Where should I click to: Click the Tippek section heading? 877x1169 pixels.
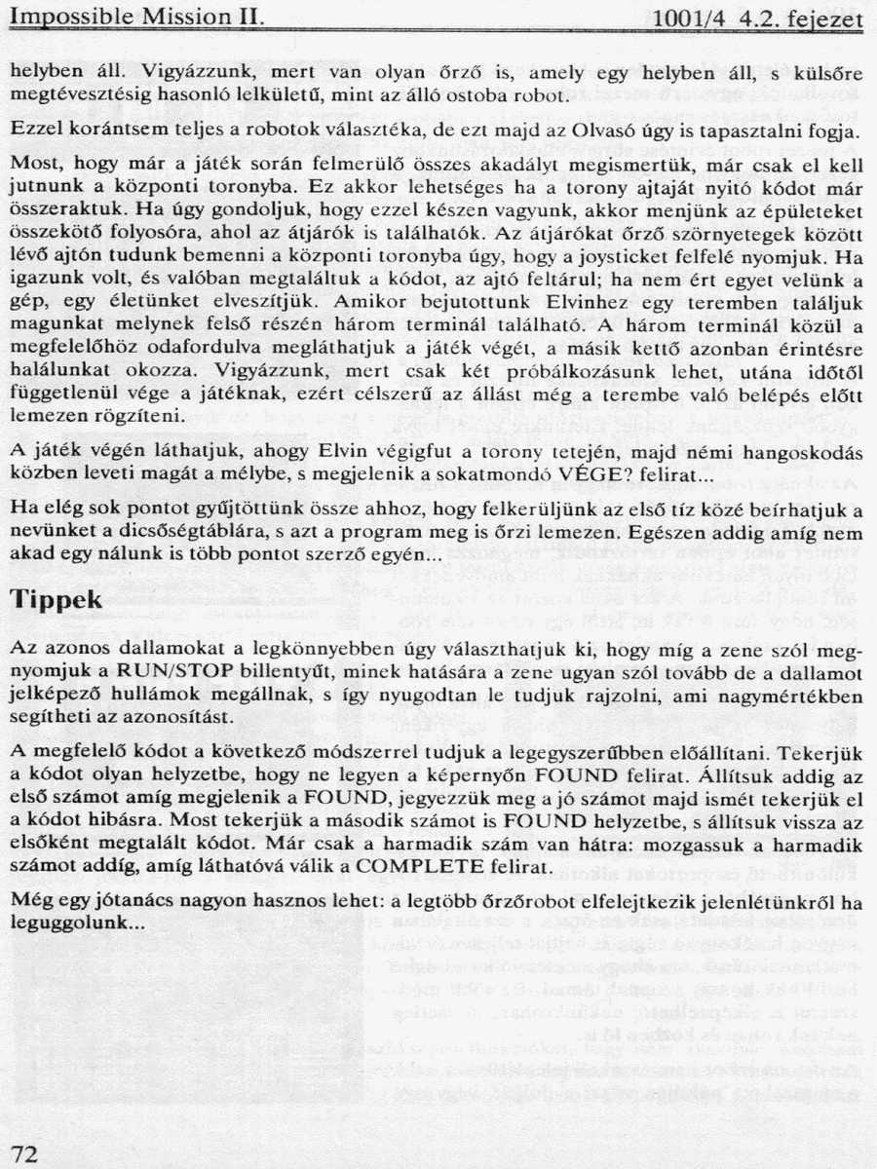(x=57, y=600)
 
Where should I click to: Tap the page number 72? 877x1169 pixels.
(x=26, y=1154)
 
